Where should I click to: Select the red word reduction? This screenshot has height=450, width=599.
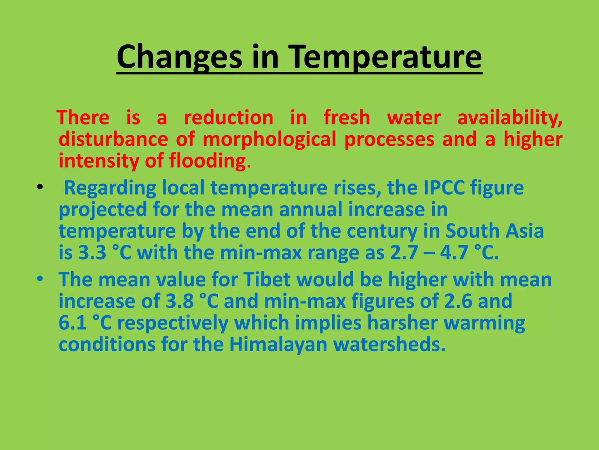pyautogui.click(x=228, y=118)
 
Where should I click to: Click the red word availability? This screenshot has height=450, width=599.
pyautogui.click(x=510, y=118)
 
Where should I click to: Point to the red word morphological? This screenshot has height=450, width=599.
pyautogui.click(x=269, y=139)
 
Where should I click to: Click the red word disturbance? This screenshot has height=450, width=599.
pyautogui.click(x=113, y=139)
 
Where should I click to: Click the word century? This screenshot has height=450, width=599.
pyautogui.click(x=382, y=231)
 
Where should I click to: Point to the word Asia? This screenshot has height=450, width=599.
pyautogui.click(x=525, y=231)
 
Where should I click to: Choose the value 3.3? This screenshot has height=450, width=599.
pyautogui.click(x=92, y=253)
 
